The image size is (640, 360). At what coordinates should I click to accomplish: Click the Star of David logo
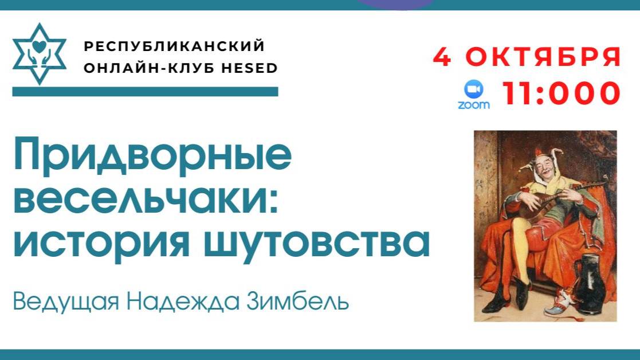tap(39, 54)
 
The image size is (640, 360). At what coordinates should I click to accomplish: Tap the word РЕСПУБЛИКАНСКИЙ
tap(174, 46)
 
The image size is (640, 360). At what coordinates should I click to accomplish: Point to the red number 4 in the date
tap(442, 57)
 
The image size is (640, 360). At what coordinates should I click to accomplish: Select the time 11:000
tap(562, 93)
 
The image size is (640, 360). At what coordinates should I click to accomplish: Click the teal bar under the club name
tap(145, 92)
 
